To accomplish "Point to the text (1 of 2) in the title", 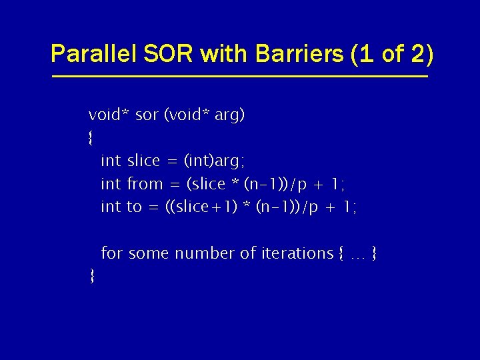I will click(392, 54).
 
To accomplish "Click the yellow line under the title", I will click(240, 77).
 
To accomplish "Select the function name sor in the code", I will click(147, 115).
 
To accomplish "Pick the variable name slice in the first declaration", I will click(143, 161).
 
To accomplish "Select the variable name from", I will click(145, 184).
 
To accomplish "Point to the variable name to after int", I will click(134, 207).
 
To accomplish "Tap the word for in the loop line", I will click(112, 253).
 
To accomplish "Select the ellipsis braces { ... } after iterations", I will click(357, 253).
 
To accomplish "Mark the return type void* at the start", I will click(109, 115).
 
